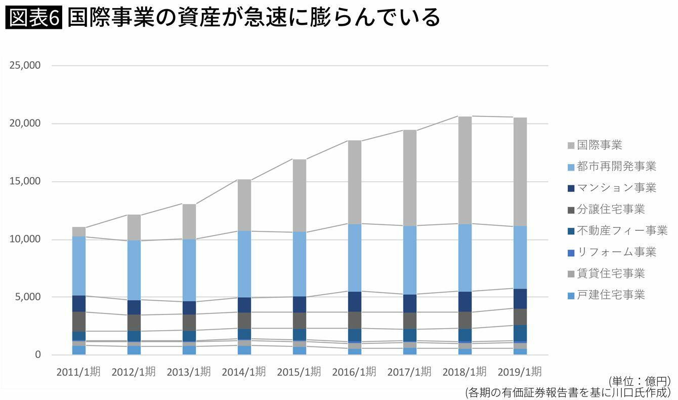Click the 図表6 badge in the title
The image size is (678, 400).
33,18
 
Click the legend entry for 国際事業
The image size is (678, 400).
599,145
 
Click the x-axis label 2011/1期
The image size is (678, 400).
78,372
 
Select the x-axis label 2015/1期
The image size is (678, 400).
299,372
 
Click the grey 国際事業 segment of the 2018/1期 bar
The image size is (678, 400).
464,170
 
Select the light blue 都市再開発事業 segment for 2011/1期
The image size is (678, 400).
78,266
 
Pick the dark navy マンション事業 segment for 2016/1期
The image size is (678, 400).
354,301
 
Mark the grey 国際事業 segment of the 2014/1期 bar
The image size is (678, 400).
244,205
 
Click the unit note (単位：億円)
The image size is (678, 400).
641,381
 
